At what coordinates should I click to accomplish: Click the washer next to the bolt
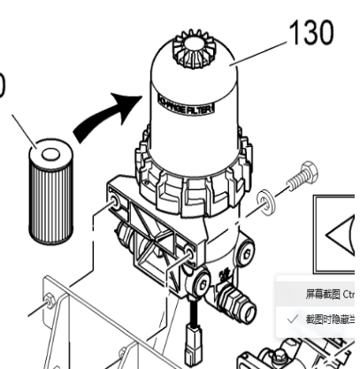coord(263,208)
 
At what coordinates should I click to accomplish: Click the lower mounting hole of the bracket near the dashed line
coord(188,258)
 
